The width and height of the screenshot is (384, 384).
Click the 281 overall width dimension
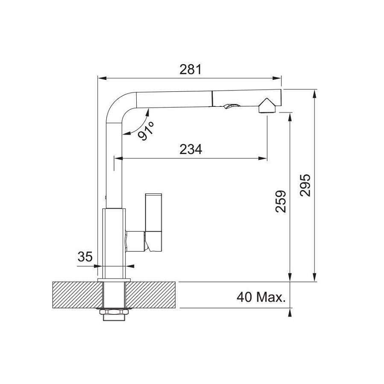190,69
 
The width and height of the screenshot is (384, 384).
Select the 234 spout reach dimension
191,149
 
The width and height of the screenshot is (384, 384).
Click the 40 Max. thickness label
261,296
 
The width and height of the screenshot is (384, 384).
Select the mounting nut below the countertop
114,315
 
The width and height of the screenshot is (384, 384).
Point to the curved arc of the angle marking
136,124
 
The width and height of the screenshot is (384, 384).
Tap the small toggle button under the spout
231,106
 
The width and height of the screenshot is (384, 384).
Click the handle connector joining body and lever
136,240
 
